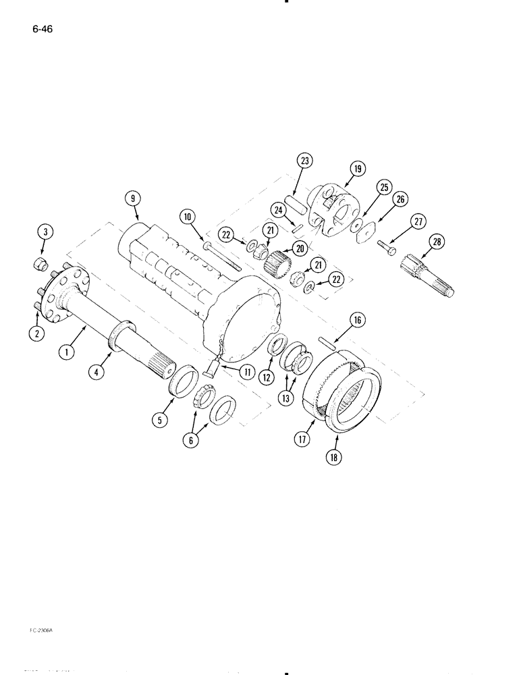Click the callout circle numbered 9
pos(133,198)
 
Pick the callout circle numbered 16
pos(356,320)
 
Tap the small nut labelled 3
pos(40,262)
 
